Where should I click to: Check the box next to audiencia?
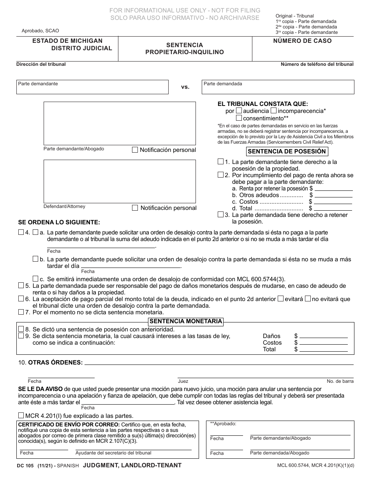tap(239, 111)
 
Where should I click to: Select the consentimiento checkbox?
tap(239, 118)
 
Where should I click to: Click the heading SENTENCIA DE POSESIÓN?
tap(287, 151)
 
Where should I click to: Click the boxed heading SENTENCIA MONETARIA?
tap(186, 322)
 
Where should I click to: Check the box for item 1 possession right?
tap(221, 162)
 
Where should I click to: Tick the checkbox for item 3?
tap(221, 215)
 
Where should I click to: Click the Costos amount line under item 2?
tap(333, 202)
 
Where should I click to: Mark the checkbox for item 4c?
tap(36, 279)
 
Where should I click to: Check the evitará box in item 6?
tap(280, 299)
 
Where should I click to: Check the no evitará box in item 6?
tap(308, 299)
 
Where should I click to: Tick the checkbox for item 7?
tap(21, 312)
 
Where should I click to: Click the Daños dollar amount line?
tap(323, 336)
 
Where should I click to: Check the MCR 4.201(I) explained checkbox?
tap(21, 416)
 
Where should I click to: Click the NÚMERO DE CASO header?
tap(303, 41)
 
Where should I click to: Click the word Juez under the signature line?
tap(183, 381)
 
